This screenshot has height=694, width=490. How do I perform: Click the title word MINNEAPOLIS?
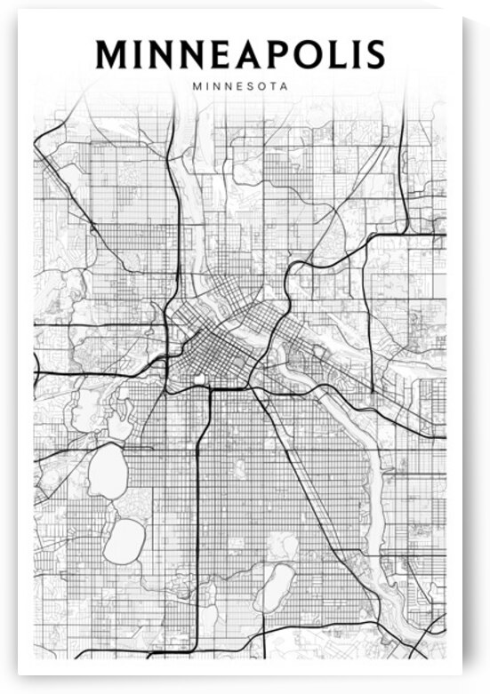pos(240,54)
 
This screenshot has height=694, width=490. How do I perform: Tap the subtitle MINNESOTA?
pos(240,87)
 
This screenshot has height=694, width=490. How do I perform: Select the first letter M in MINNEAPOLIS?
pos(113,54)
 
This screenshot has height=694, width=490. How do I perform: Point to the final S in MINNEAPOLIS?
pos(374,54)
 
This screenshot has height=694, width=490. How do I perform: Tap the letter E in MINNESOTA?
pos(239,87)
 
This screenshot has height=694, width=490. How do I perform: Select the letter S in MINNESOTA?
pos(251,87)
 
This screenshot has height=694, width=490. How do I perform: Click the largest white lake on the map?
pos(108,469)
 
